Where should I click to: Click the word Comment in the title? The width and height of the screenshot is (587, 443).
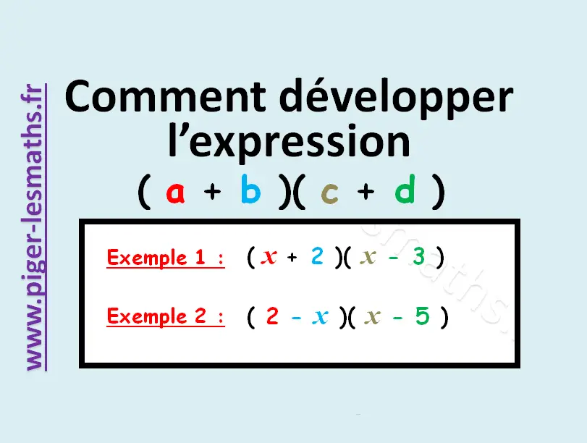coord(166,96)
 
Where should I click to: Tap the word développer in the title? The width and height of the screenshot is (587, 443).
coord(396,99)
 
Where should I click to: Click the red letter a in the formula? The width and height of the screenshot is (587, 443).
coord(176,192)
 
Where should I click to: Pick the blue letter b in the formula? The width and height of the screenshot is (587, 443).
coord(251,189)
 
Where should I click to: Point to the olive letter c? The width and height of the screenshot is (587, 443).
coord(329,193)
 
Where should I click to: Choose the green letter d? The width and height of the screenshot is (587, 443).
coord(405,189)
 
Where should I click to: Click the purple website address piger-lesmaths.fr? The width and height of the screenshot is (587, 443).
coord(33,227)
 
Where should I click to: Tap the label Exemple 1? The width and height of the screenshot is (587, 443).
coord(166,257)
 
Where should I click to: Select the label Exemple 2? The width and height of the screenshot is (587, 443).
coord(166,316)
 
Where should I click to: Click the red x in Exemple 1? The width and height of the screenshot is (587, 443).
coord(269,257)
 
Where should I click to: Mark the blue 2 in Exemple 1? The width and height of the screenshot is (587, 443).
coord(317,256)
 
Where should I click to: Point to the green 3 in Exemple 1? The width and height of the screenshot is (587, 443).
coord(418,256)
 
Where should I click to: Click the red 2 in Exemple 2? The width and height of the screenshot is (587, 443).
coord(272,316)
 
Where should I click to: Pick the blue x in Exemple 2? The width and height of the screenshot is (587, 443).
coord(320,316)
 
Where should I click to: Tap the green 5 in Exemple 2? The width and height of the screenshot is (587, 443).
coord(422,316)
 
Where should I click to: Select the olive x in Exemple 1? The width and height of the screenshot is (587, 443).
coord(368,257)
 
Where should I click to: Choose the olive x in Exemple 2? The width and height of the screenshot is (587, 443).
coord(372,316)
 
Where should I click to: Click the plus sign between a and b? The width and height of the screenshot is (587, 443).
coord(212,192)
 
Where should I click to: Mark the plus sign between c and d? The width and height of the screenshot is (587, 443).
coord(366,192)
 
